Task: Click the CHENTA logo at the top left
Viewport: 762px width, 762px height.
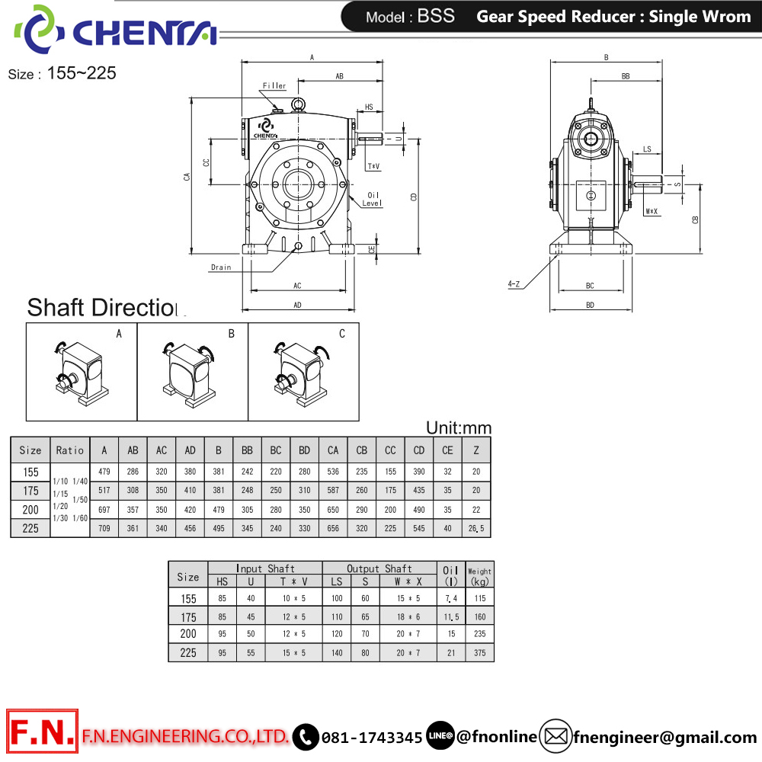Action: pos(115,30)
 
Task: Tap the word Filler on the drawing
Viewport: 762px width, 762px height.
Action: pos(274,85)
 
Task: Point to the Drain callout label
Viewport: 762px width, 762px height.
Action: pos(221,267)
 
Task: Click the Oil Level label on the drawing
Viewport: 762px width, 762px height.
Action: pos(373,199)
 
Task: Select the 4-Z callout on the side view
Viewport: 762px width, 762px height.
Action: pos(514,283)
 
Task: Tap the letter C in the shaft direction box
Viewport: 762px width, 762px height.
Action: pos(342,334)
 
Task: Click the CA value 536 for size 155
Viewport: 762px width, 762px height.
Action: pos(333,472)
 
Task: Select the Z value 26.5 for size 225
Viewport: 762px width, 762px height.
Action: pos(476,528)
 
